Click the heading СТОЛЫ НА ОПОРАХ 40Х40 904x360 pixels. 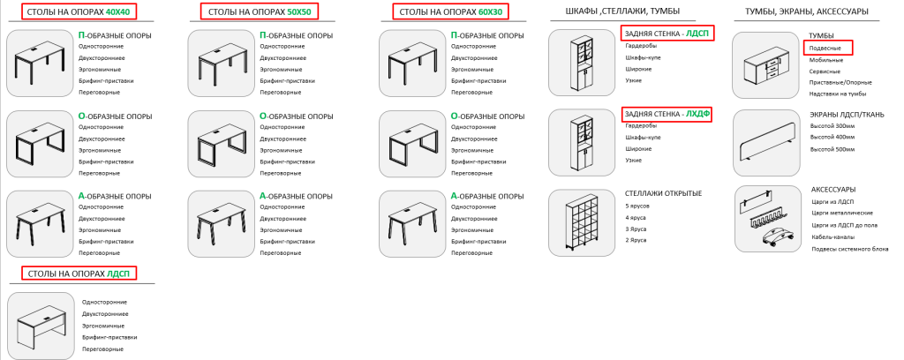pos(78,13)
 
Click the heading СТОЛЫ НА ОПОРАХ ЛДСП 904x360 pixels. pos(79,273)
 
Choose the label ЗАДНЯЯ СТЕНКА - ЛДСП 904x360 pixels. pos(667,34)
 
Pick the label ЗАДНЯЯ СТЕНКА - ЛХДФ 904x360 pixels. pos(667,115)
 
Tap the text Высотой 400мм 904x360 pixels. pos(832,137)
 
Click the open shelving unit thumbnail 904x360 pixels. pos(580,222)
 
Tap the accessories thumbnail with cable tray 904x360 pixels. pos(765,218)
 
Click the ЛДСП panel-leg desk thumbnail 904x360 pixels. pos(40,324)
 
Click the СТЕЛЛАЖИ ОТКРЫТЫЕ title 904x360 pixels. pos(662,193)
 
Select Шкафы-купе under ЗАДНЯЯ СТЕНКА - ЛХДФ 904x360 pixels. pos(639,138)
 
